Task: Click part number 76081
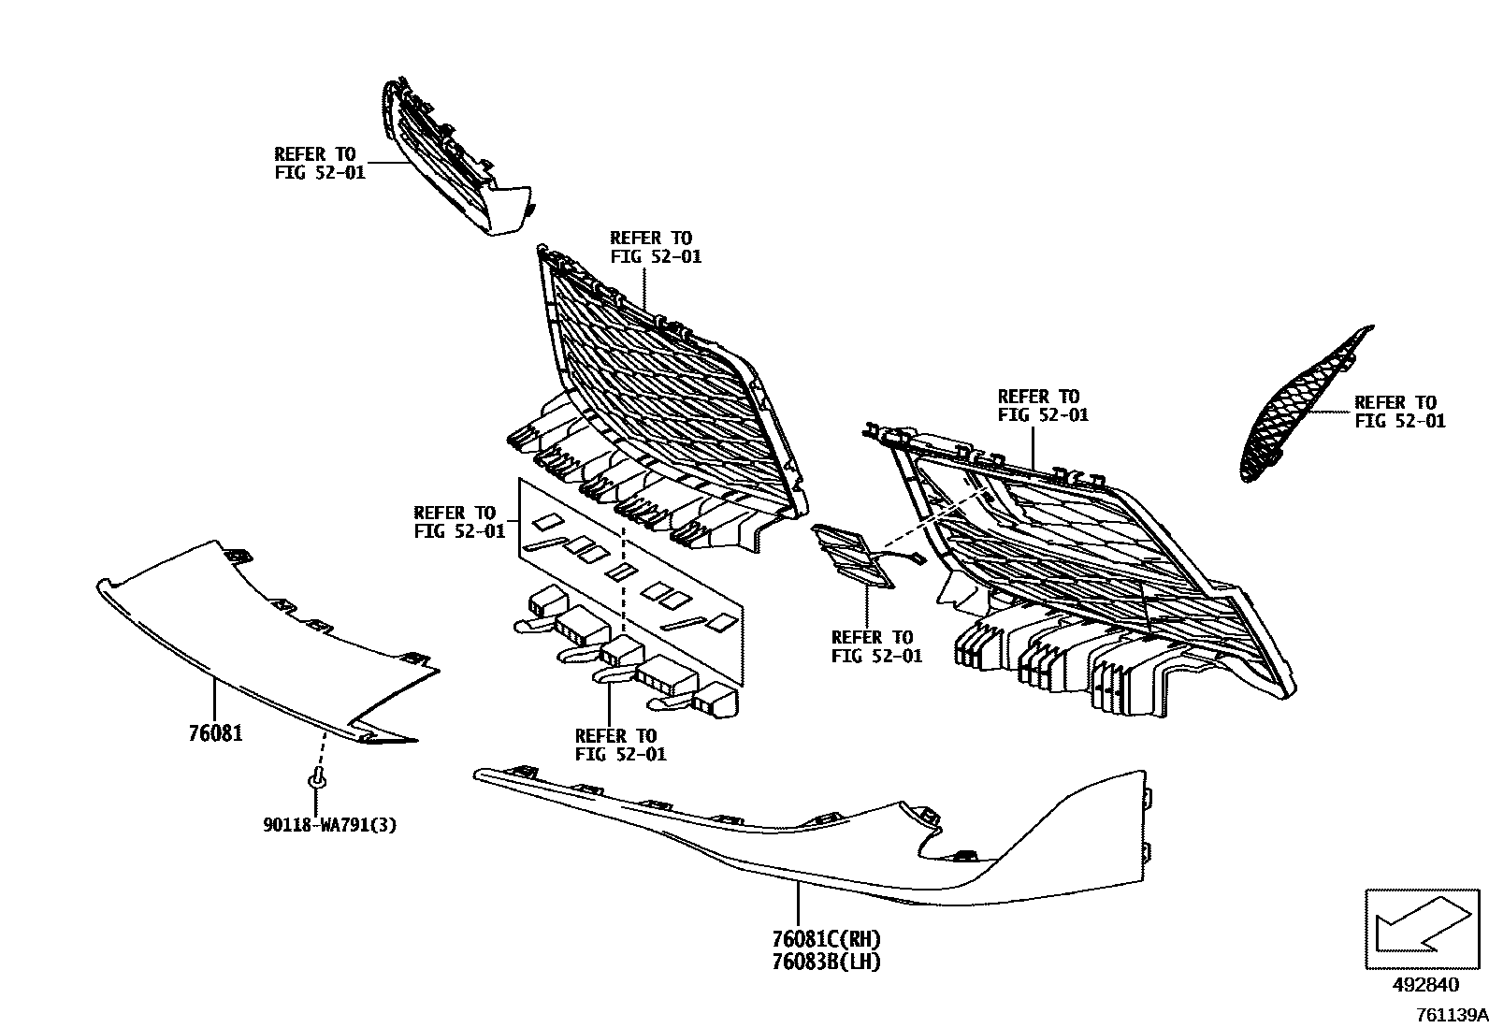(215, 732)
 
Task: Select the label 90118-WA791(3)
(329, 824)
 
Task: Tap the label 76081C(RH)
(826, 939)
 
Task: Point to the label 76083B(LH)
(826, 961)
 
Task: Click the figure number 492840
(1424, 985)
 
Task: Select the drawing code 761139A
(1451, 1014)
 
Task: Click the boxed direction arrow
(1423, 928)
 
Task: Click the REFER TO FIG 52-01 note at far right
(1399, 412)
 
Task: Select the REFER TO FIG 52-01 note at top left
(319, 163)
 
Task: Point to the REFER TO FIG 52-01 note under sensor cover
(876, 646)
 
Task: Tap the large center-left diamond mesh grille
(664, 393)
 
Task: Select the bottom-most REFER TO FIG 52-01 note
(621, 745)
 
